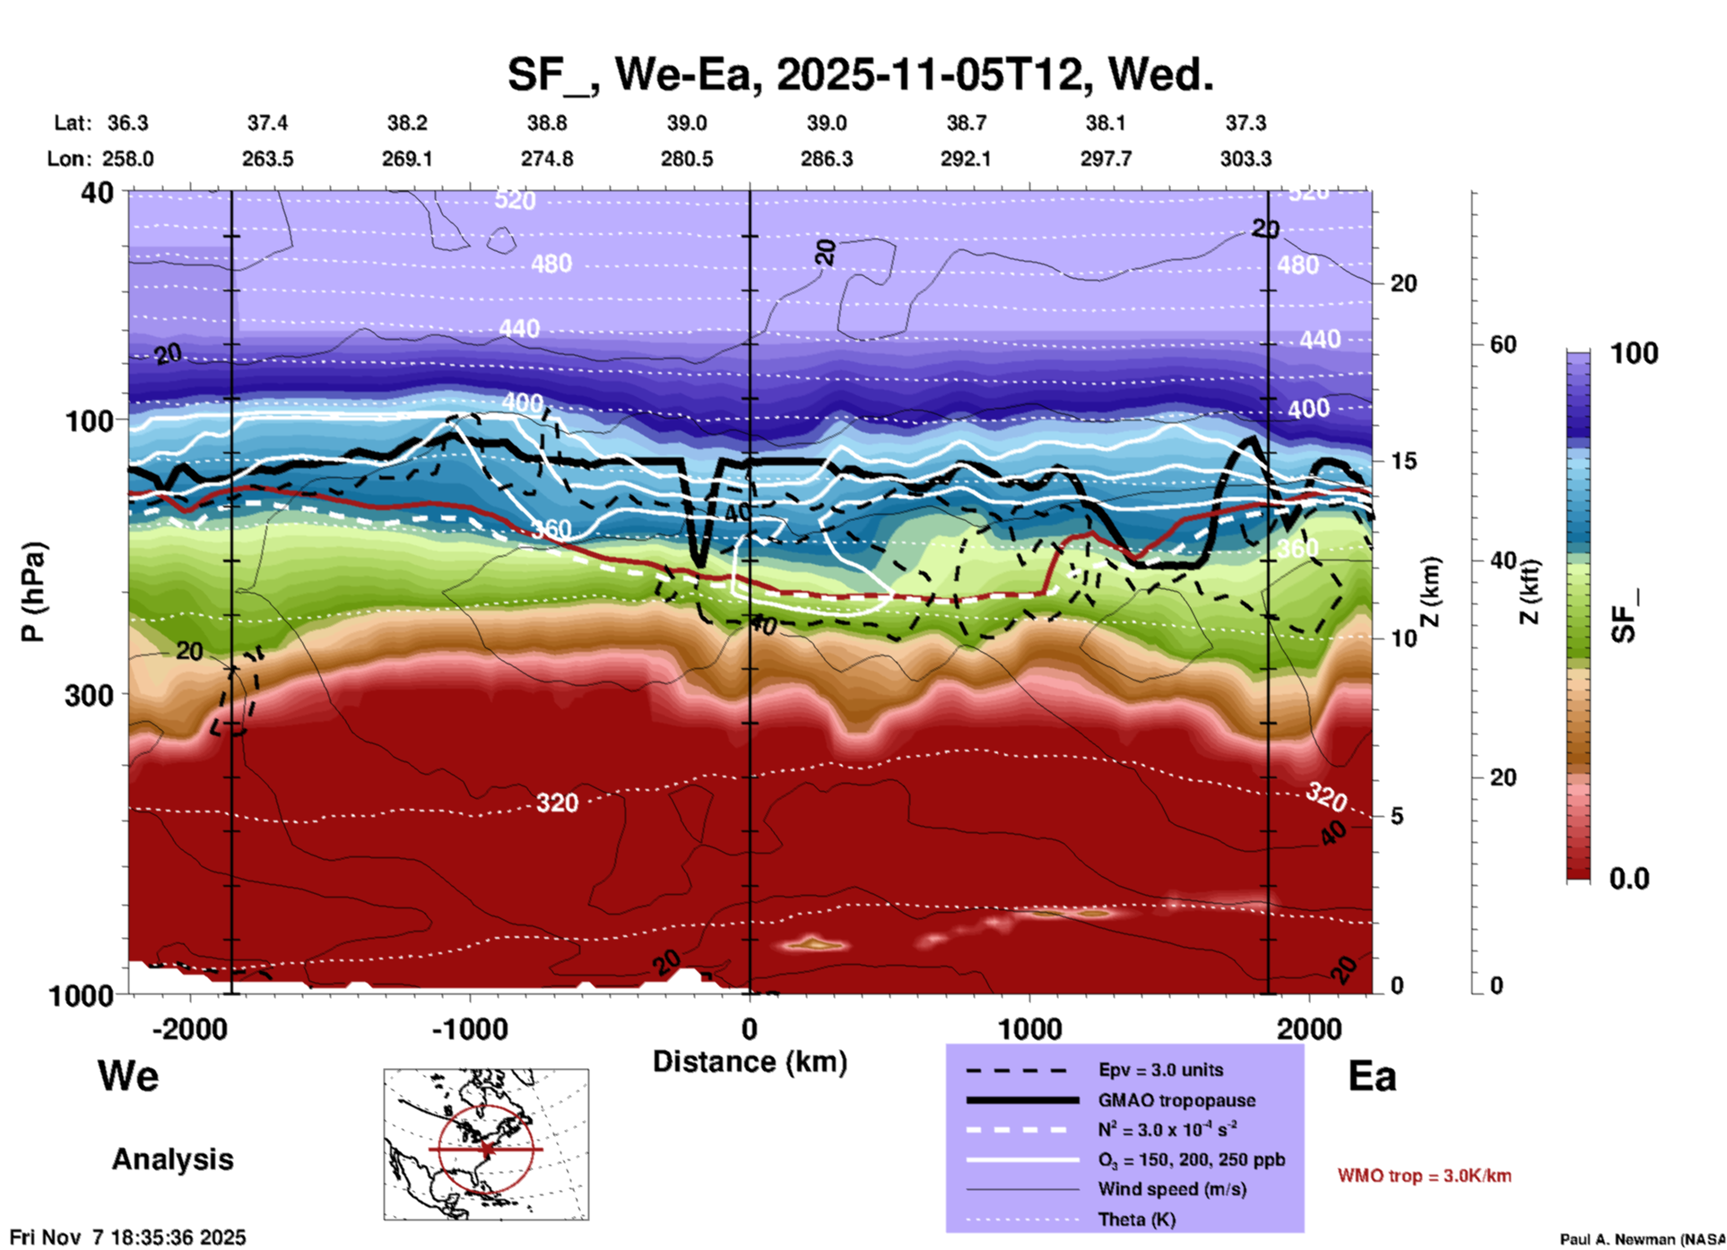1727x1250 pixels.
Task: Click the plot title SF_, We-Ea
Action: (x=861, y=74)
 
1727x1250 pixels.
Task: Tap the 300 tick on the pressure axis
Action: (x=89, y=695)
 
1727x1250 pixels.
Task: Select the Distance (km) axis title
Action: (x=750, y=1062)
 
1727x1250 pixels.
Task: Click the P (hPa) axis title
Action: (x=33, y=592)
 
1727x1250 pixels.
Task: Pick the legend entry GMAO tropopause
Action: (x=1176, y=1100)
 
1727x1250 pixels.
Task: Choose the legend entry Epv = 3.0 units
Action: (x=1160, y=1070)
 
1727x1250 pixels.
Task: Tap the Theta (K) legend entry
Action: (x=1136, y=1220)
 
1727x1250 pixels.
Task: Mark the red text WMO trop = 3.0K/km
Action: (x=1424, y=1176)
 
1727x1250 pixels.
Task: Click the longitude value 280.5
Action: (x=687, y=159)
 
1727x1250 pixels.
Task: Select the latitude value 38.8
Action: (x=547, y=123)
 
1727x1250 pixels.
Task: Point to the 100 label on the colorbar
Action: (x=1634, y=353)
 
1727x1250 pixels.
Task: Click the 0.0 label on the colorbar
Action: (x=1629, y=879)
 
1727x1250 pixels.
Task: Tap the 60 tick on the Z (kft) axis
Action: (x=1503, y=344)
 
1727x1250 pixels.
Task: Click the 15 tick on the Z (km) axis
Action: (x=1403, y=461)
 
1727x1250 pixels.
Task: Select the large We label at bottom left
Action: (x=128, y=1075)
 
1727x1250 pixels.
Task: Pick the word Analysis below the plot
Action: (x=172, y=1159)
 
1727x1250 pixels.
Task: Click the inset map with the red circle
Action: (x=486, y=1144)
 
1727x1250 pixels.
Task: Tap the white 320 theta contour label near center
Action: (x=557, y=803)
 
